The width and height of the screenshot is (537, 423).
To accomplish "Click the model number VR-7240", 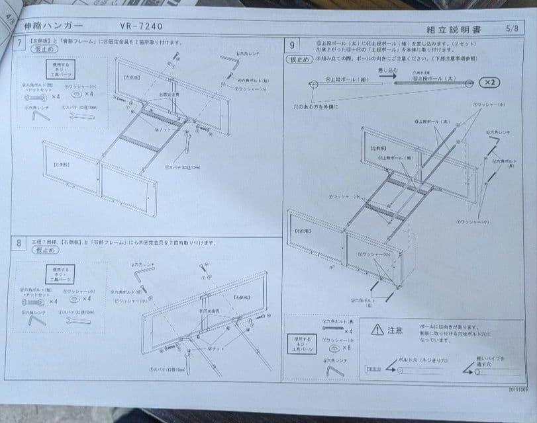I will click(x=141, y=26).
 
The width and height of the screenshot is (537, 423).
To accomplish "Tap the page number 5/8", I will click(x=512, y=29).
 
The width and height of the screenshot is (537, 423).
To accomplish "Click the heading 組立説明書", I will click(x=454, y=29).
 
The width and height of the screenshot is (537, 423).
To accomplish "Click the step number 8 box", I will click(x=20, y=243).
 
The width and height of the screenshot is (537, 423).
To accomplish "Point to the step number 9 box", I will click(x=292, y=45).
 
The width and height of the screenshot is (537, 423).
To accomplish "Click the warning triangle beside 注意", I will click(x=377, y=329).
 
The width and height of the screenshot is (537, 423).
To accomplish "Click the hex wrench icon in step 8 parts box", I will click(x=36, y=319).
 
